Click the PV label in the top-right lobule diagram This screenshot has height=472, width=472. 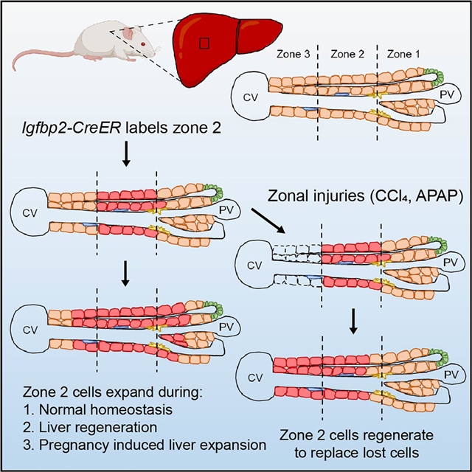[x=440, y=94]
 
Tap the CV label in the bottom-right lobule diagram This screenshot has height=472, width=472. [x=254, y=377]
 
